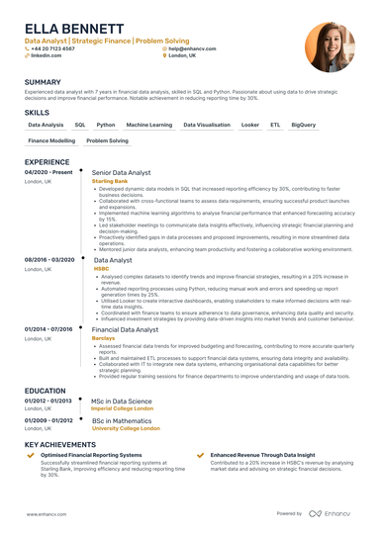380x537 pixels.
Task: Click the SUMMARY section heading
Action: tap(43, 81)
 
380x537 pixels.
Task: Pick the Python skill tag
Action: tap(106, 126)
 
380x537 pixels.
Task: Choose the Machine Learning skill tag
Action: tap(149, 126)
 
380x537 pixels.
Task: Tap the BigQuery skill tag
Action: tap(304, 126)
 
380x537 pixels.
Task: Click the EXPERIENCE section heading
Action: tap(47, 161)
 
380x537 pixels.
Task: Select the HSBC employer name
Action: tap(102, 268)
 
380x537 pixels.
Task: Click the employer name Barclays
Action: tap(104, 338)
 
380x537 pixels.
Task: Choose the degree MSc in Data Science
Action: tap(122, 402)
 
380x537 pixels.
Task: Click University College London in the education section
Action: tap(127, 430)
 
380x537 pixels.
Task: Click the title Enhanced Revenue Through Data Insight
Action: tap(268, 455)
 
